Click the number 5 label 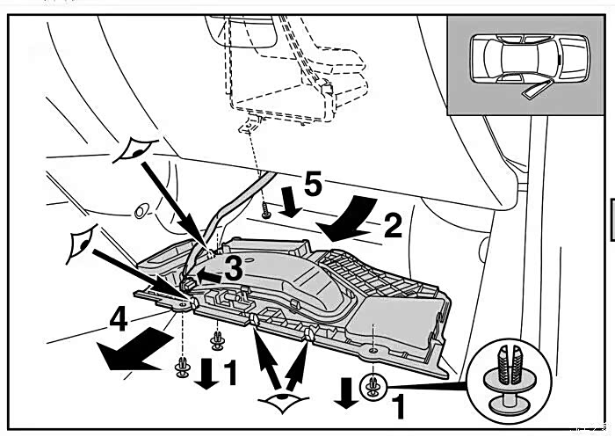click(x=312, y=186)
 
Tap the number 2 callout click(x=392, y=227)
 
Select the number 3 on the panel click(x=232, y=270)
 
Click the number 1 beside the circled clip click(x=398, y=405)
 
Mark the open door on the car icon click(x=532, y=87)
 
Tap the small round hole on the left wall click(x=138, y=212)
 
